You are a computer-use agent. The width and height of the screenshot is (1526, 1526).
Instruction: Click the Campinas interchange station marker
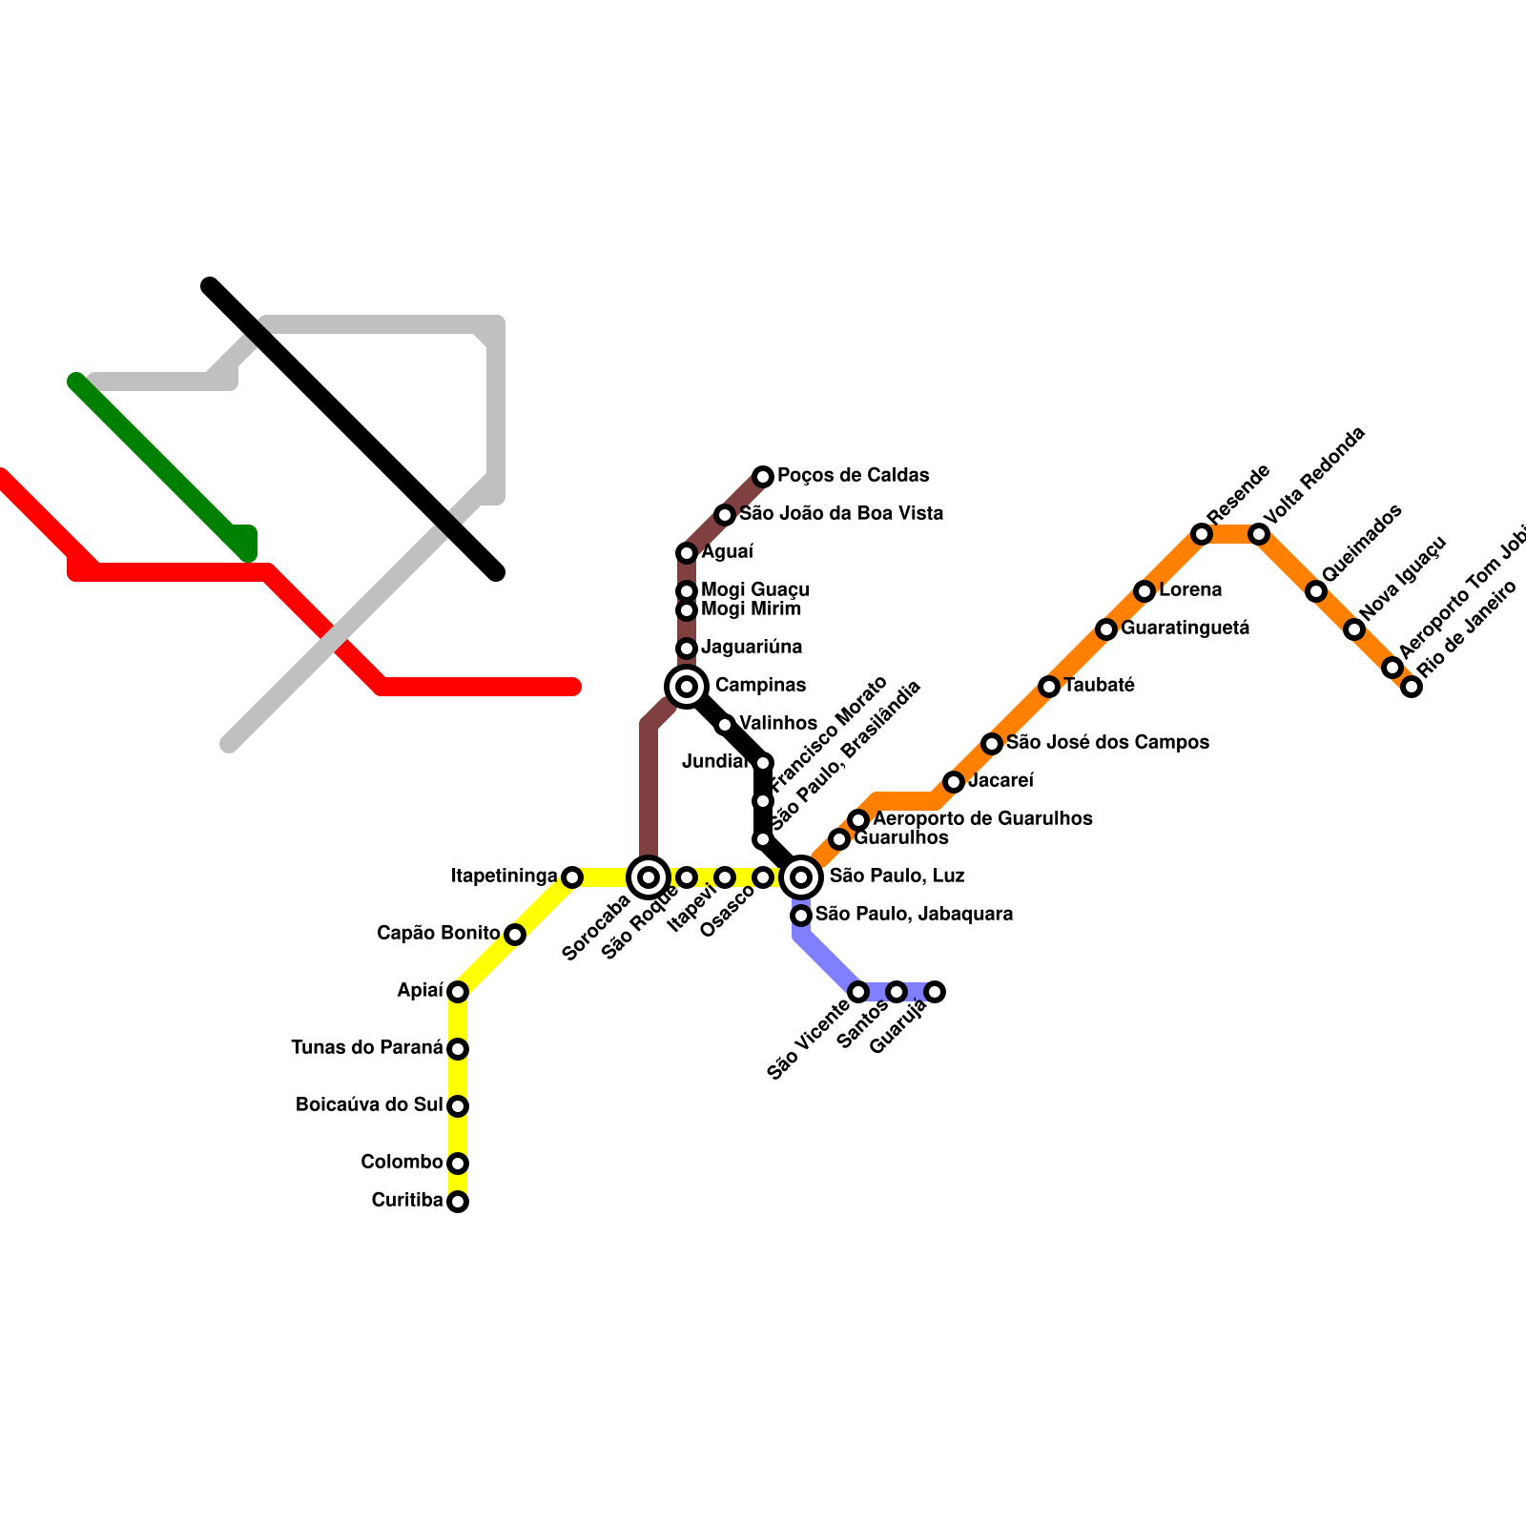[x=687, y=686]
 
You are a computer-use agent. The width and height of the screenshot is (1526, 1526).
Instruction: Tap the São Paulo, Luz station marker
[x=802, y=876]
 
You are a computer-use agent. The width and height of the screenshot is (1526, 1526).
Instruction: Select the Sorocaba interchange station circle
[x=649, y=876]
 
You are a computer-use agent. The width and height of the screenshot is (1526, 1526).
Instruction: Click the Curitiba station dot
[x=458, y=1202]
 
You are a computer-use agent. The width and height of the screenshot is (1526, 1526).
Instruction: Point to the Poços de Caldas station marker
[x=763, y=476]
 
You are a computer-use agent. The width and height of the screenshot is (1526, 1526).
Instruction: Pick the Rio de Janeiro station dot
[x=1412, y=687]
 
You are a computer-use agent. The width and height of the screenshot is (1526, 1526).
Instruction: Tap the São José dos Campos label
[x=1107, y=742]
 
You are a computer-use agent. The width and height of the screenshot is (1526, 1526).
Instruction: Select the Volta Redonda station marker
[x=1259, y=534]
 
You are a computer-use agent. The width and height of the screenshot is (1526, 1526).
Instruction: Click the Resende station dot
[x=1202, y=534]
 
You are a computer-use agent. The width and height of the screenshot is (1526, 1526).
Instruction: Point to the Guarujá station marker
[x=935, y=992]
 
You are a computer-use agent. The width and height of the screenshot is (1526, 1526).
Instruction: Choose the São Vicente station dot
[x=858, y=992]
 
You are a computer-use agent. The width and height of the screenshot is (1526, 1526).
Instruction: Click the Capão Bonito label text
[x=438, y=933]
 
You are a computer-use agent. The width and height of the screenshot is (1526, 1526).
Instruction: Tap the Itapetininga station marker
[x=571, y=876]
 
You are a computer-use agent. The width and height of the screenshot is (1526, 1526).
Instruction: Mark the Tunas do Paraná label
[x=367, y=1048]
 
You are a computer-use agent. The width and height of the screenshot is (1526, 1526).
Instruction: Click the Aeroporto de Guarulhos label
[x=982, y=818]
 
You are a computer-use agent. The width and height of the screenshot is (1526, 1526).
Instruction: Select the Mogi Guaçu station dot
[x=687, y=591]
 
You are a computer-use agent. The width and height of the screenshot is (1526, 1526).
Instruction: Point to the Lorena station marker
[x=1144, y=591]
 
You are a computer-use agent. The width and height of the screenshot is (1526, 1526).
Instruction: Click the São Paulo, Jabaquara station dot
[x=801, y=916]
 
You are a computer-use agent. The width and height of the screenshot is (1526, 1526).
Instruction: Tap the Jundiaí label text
[x=715, y=761]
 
